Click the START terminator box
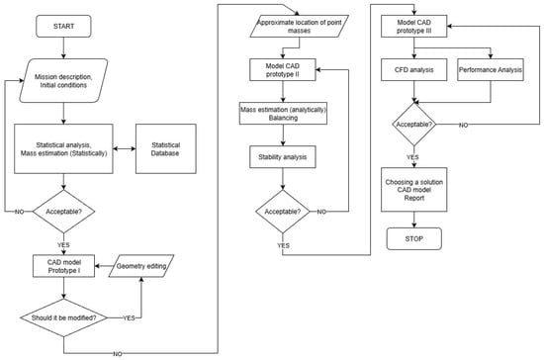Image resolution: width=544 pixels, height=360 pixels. tap(63, 26)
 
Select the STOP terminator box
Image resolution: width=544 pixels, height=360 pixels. tap(413, 238)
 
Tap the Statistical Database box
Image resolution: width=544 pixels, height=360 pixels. tap(166, 148)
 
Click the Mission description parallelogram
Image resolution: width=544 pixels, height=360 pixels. tap(63, 80)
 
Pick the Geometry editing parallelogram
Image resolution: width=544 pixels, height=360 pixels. tap(141, 266)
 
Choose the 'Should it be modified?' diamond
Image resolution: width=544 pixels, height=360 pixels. tap(64, 317)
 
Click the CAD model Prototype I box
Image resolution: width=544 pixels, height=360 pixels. tap(64, 266)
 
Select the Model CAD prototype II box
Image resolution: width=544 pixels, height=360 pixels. tap(283, 69)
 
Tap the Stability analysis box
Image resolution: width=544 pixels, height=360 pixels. tap(283, 157)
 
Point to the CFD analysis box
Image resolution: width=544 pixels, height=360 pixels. tap(413, 69)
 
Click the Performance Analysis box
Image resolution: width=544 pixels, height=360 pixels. tap(491, 69)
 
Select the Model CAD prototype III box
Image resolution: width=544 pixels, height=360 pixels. tap(413, 26)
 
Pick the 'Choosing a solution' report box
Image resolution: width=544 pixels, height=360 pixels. tap(413, 190)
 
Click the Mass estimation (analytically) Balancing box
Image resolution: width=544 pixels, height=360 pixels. tap(283, 114)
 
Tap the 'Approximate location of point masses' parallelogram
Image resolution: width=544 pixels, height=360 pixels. tap(300, 26)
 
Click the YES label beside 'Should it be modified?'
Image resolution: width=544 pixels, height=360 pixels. tap(129, 318)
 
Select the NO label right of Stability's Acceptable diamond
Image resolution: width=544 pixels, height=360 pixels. tap(321, 212)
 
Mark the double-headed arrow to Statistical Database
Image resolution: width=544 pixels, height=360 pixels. tap(125, 148)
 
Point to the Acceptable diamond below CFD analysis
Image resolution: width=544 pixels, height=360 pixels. tap(413, 125)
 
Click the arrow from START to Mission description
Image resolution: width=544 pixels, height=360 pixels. tap(63, 47)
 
